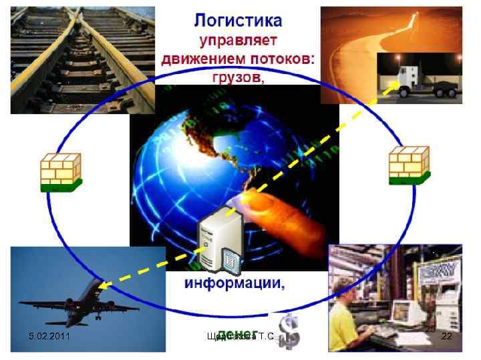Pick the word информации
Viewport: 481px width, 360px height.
pyautogui.click(x=234, y=283)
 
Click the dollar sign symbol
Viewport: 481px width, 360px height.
pyautogui.click(x=289, y=331)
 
